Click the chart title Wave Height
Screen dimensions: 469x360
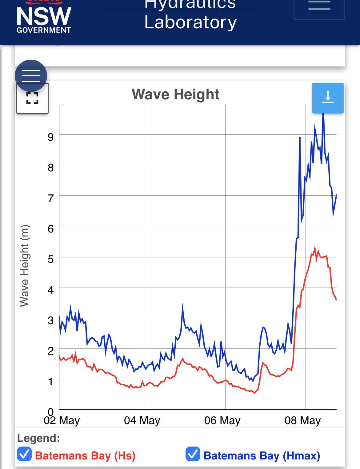click(175, 94)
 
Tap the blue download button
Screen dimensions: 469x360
click(328, 97)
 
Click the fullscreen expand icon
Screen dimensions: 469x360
click(32, 98)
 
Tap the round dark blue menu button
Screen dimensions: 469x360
click(31, 76)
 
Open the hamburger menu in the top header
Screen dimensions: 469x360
click(319, 6)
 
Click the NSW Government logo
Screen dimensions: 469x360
click(44, 18)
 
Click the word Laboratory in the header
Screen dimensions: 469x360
click(190, 22)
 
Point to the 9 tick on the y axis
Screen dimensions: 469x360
click(51, 137)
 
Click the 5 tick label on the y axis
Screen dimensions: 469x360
click(51, 259)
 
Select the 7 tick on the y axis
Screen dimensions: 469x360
click(51, 198)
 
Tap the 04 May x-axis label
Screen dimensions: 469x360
click(142, 420)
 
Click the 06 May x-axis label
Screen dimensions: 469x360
click(222, 420)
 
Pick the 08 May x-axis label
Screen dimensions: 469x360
click(302, 420)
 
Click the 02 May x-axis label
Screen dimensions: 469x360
click(62, 420)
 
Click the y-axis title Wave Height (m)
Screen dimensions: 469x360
click(24, 266)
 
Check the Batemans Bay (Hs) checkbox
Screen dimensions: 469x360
click(24, 454)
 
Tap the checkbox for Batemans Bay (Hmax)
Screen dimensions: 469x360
click(193, 454)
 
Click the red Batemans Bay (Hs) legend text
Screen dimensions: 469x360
click(85, 456)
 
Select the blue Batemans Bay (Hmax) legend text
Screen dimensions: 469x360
click(262, 456)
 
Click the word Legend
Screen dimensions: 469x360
click(38, 438)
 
